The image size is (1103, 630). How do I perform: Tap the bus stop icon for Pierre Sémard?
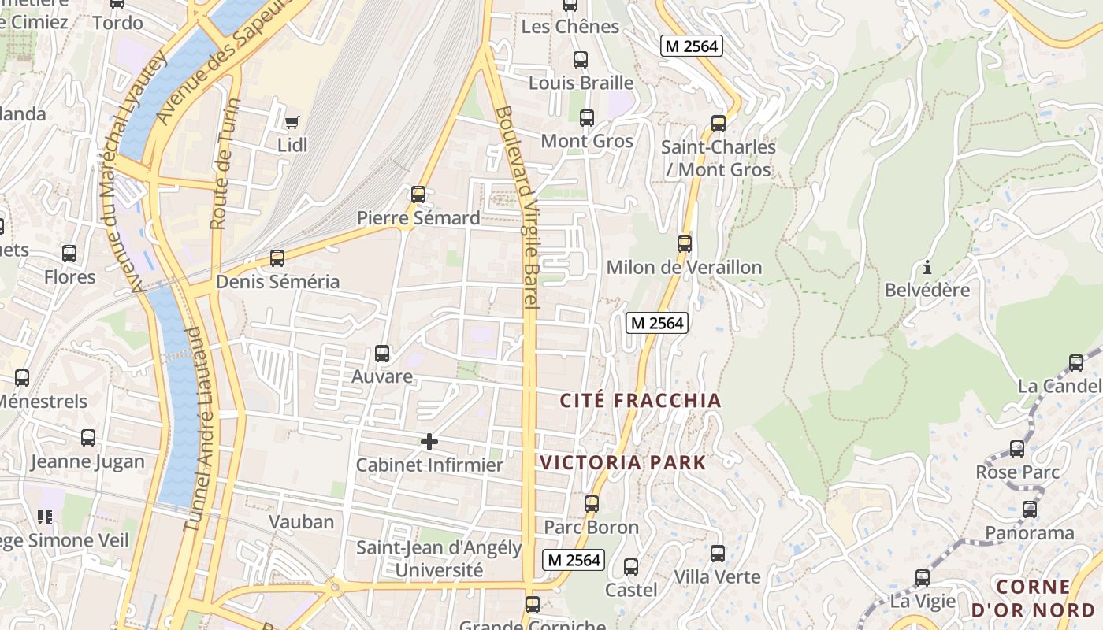click(x=418, y=194)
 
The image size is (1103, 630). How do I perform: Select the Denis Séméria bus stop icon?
click(x=277, y=258)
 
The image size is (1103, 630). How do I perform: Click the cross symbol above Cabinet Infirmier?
click(x=429, y=442)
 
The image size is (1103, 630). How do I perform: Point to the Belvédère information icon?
click(x=927, y=266)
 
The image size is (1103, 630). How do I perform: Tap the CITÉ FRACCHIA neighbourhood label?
click(x=641, y=401)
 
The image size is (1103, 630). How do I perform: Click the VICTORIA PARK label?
click(x=622, y=462)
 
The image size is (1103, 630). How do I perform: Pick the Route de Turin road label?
click(x=224, y=163)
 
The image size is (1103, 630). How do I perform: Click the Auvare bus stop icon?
click(x=382, y=353)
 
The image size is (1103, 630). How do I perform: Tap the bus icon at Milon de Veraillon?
click(x=685, y=243)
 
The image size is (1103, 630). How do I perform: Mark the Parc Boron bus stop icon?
click(x=592, y=503)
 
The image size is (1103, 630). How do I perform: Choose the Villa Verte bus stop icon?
click(x=718, y=553)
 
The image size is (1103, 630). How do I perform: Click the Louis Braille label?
click(x=581, y=83)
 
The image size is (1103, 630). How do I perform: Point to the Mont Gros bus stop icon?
click(x=587, y=118)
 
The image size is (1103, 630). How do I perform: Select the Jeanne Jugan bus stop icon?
click(x=88, y=438)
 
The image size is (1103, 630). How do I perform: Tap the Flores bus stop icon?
click(x=69, y=254)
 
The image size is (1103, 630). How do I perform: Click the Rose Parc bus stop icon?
click(x=1017, y=449)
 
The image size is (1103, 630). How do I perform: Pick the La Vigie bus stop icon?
click(x=923, y=578)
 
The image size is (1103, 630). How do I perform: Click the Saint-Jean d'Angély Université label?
click(x=439, y=558)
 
